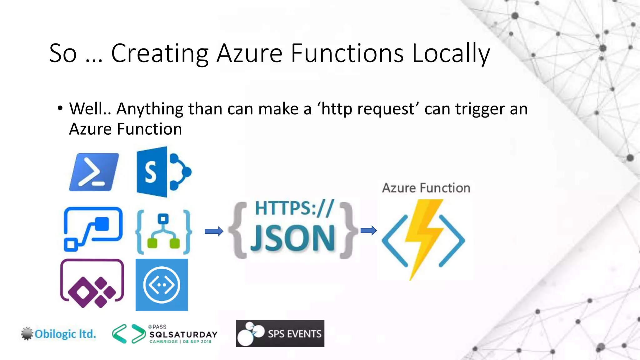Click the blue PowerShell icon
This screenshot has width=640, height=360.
[x=94, y=172]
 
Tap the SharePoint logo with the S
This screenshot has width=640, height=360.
[x=163, y=172]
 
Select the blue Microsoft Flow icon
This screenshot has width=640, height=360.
[x=93, y=229]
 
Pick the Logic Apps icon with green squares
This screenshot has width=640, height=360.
[x=163, y=231]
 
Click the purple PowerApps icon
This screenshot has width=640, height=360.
[x=92, y=284]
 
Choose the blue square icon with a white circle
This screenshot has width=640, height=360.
[x=162, y=285]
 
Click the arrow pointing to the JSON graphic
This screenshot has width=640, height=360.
[x=214, y=231]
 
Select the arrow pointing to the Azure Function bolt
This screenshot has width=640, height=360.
[x=368, y=231]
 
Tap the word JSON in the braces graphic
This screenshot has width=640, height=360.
[x=293, y=239]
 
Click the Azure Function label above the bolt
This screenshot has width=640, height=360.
[x=426, y=188]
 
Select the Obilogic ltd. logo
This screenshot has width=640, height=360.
[x=59, y=334]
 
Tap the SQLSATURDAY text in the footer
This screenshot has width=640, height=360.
[x=183, y=334]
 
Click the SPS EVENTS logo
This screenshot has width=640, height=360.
[x=280, y=333]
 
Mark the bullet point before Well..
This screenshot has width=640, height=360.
[x=60, y=109]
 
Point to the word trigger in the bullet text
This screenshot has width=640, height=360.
[x=480, y=109]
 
